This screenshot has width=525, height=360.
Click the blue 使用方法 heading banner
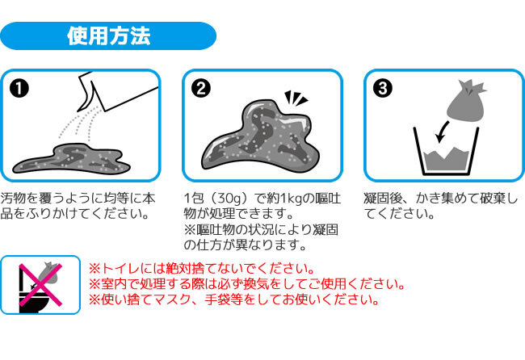[x=108, y=36]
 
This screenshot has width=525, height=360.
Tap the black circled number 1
[x=19, y=88]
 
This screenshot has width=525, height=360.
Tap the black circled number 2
[x=201, y=88]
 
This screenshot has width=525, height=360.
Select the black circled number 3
[x=382, y=88]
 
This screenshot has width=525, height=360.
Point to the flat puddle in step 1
[x=71, y=159]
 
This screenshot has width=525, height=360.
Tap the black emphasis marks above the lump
[x=296, y=98]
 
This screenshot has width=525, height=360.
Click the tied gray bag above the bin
[x=466, y=101]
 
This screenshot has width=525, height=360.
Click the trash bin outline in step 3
[x=446, y=151]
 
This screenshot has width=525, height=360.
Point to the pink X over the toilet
[x=40, y=285]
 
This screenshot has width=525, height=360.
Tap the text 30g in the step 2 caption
[x=227, y=198]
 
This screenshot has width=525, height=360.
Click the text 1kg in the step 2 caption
[x=290, y=198]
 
